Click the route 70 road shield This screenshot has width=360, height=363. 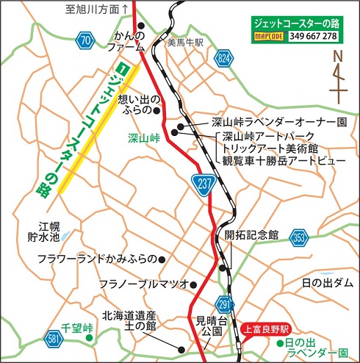tap(86, 40)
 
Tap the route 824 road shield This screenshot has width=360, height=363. tap(224, 57)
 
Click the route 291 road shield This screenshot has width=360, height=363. tap(226, 303)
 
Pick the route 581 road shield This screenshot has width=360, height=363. tap(32, 339)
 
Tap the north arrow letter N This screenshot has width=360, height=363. tap(337, 56)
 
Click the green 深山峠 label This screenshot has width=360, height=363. tap(143, 137)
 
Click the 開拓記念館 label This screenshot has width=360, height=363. tap(252, 235)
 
